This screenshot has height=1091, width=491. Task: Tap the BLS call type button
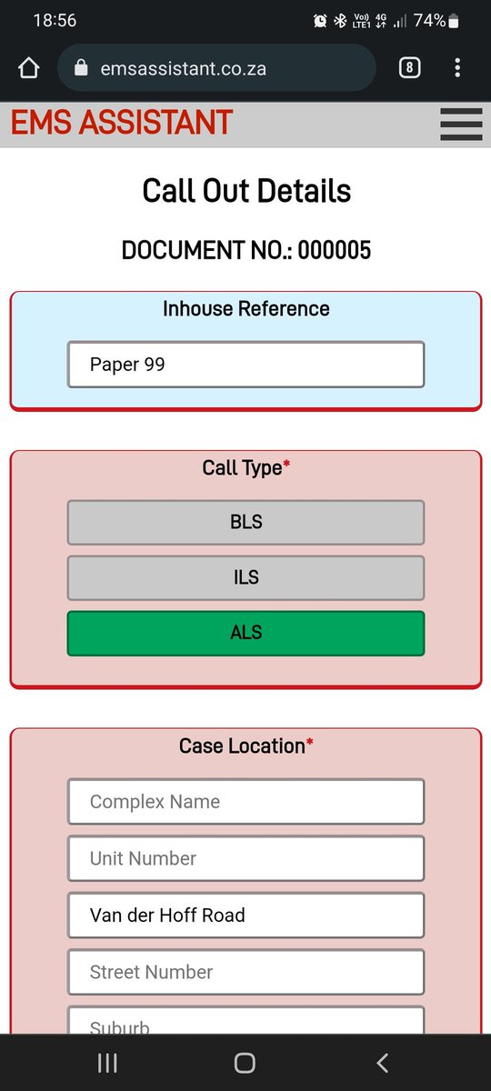click(x=246, y=522)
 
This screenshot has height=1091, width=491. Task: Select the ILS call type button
click(x=246, y=577)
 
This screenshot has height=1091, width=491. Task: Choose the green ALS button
click(x=246, y=633)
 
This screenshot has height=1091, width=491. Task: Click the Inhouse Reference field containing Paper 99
click(x=246, y=365)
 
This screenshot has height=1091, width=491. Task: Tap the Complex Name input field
click(x=246, y=802)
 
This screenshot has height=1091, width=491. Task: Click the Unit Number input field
click(x=246, y=858)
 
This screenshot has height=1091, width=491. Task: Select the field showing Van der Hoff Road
click(x=246, y=916)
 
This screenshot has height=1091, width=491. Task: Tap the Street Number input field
click(x=246, y=972)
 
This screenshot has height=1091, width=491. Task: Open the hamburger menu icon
click(x=461, y=125)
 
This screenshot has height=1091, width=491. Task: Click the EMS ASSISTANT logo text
click(x=122, y=122)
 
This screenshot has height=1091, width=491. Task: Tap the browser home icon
click(x=29, y=67)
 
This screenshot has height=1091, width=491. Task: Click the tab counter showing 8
click(x=410, y=67)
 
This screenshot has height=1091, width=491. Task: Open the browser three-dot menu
click(x=457, y=67)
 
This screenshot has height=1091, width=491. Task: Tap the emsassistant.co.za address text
click(x=183, y=69)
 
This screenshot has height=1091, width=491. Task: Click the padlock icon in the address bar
click(x=81, y=67)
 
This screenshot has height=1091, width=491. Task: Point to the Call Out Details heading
click(x=246, y=190)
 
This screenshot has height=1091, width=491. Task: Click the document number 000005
click(x=335, y=250)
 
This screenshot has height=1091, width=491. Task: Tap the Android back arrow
click(x=383, y=1063)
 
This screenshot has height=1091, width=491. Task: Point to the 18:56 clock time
click(x=55, y=20)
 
